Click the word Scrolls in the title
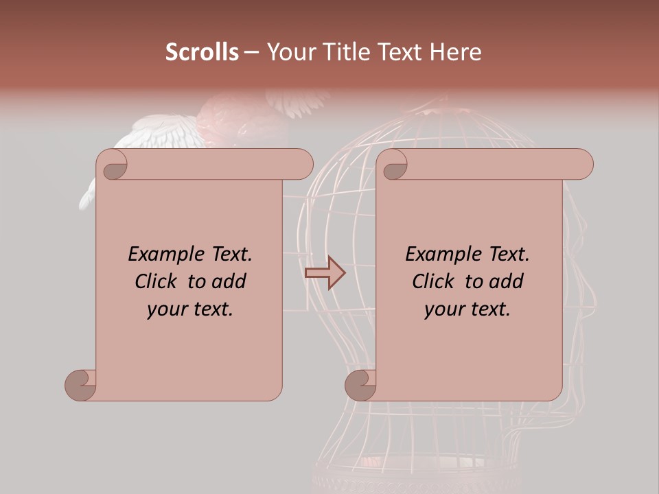pyautogui.click(x=203, y=52)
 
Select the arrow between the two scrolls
pyautogui.click(x=325, y=273)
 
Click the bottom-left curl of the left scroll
pyautogui.click(x=80, y=384)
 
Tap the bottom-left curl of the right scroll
pyautogui.click(x=360, y=384)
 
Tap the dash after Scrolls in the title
pyautogui.click(x=251, y=52)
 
